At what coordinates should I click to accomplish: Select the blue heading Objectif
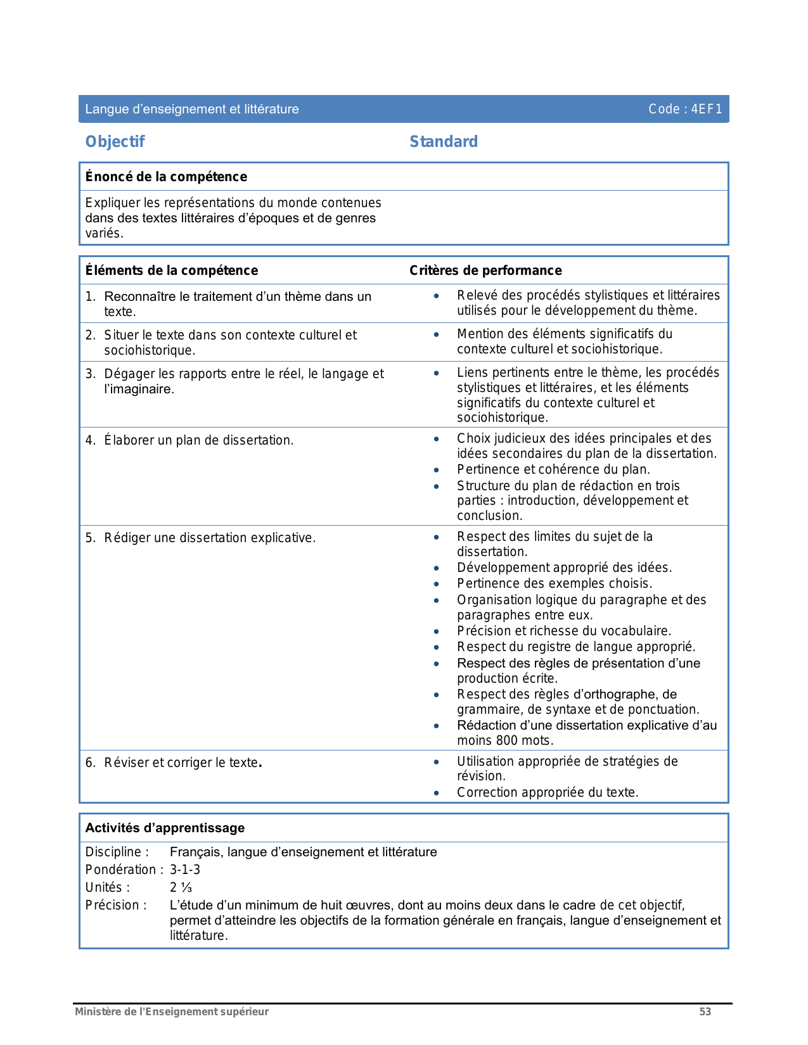[115, 142]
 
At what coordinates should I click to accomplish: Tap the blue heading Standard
[443, 142]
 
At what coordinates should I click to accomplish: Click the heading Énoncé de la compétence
[166, 177]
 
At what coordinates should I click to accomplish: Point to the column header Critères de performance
[485, 270]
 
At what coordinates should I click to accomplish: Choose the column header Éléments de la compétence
[171, 270]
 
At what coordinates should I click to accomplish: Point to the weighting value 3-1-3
[185, 870]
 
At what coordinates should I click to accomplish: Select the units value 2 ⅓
[181, 887]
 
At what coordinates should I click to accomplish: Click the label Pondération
[124, 870]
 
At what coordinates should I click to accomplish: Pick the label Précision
[116, 905]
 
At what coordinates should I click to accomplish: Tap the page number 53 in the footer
[705, 1011]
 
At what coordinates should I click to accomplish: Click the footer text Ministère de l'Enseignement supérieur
[172, 1011]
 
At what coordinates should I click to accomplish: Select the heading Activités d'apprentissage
[165, 828]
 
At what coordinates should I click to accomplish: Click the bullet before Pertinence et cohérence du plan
[436, 470]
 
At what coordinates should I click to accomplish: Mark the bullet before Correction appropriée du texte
[436, 793]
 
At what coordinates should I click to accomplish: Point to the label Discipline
[117, 852]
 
